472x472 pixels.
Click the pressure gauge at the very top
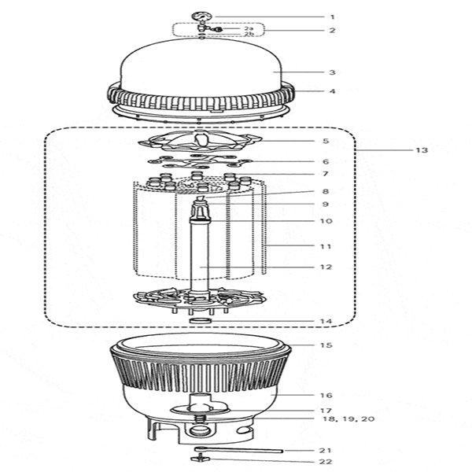(x=201, y=16)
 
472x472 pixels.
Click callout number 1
(x=332, y=17)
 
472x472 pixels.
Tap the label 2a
(x=249, y=28)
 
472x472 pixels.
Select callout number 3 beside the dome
(x=332, y=72)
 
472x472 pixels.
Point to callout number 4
(x=332, y=91)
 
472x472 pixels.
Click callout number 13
(x=422, y=150)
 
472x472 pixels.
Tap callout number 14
(x=326, y=321)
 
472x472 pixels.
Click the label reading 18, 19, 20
(x=348, y=419)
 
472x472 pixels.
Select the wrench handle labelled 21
(x=238, y=450)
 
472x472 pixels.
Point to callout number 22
(x=326, y=462)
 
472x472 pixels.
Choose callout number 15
(x=326, y=345)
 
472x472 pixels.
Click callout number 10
(x=326, y=221)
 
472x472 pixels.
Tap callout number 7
(x=326, y=174)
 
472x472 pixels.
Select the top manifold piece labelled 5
(x=201, y=142)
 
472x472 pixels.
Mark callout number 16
(x=326, y=395)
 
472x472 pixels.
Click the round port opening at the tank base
(x=198, y=430)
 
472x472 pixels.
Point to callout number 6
(x=326, y=161)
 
